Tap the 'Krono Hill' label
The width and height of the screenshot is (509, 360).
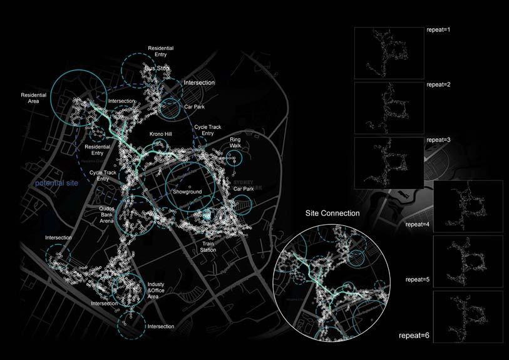coord(160,134)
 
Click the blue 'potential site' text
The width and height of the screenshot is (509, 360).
coord(58,183)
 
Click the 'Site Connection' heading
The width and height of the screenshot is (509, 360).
coord(332,213)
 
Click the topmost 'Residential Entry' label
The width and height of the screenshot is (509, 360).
coord(161,51)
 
